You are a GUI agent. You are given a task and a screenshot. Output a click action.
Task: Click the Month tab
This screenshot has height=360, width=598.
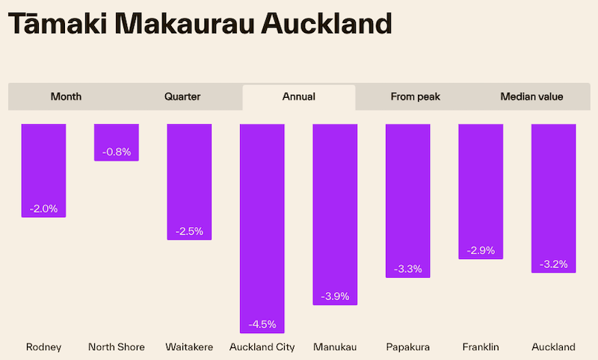(x=66, y=96)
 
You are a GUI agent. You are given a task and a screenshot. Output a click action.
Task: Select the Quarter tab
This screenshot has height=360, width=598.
(x=182, y=96)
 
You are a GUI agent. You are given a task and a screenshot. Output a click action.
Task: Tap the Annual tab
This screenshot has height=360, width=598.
(x=299, y=96)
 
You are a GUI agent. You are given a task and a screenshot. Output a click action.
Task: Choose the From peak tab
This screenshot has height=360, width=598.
(x=416, y=96)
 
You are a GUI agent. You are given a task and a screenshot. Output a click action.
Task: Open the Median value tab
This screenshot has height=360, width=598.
(x=531, y=96)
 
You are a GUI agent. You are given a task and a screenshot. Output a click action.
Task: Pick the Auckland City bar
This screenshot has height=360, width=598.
(x=262, y=224)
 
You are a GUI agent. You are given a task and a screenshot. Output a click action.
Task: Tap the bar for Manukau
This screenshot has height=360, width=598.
(x=335, y=209)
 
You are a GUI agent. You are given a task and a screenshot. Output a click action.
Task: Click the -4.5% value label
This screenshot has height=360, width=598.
(x=262, y=324)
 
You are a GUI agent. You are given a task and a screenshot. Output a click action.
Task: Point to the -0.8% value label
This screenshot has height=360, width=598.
(x=117, y=152)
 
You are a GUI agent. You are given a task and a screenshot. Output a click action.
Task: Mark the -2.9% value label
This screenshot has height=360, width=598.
(x=481, y=250)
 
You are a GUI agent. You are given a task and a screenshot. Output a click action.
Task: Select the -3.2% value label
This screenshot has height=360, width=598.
(x=553, y=264)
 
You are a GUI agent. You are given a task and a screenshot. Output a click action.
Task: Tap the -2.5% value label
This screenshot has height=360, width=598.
(x=189, y=231)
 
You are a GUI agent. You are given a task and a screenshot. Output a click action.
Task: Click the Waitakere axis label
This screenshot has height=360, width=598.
(x=189, y=347)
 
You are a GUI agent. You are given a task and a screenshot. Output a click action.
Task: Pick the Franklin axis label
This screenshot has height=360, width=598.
(x=481, y=347)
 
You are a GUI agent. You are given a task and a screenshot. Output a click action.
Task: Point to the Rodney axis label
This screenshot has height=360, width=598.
(x=43, y=347)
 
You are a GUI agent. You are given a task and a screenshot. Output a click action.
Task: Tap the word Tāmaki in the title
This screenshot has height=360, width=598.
(x=58, y=25)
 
